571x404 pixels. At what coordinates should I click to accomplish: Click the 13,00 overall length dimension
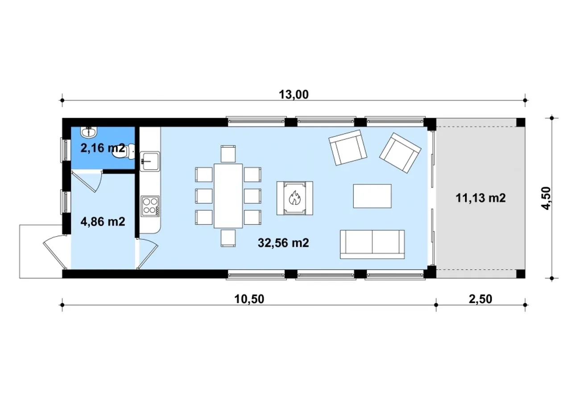tap(294, 95)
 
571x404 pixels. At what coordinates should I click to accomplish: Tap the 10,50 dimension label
tap(249, 299)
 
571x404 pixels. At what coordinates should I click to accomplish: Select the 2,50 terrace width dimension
tap(480, 299)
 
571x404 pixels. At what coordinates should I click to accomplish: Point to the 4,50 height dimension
tap(546, 198)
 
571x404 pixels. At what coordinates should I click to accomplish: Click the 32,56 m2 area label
tap(283, 243)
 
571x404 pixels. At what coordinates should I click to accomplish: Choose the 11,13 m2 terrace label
tap(480, 198)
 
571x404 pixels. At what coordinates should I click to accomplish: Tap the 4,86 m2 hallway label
tap(103, 221)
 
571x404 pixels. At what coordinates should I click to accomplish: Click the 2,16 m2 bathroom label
tap(103, 148)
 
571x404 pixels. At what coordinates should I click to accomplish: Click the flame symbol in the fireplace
tap(295, 198)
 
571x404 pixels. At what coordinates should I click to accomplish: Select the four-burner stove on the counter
tap(150, 206)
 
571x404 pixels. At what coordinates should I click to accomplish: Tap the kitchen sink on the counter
tap(150, 161)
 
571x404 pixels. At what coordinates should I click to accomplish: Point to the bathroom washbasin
tap(89, 132)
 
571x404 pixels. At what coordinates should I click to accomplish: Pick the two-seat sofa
tap(372, 244)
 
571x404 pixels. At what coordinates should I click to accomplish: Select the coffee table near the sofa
tap(372, 196)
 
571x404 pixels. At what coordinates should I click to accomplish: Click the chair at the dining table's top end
tap(228, 154)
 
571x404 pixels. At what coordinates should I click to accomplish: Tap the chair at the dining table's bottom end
tap(228, 238)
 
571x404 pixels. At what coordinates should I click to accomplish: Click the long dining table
tap(228, 196)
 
